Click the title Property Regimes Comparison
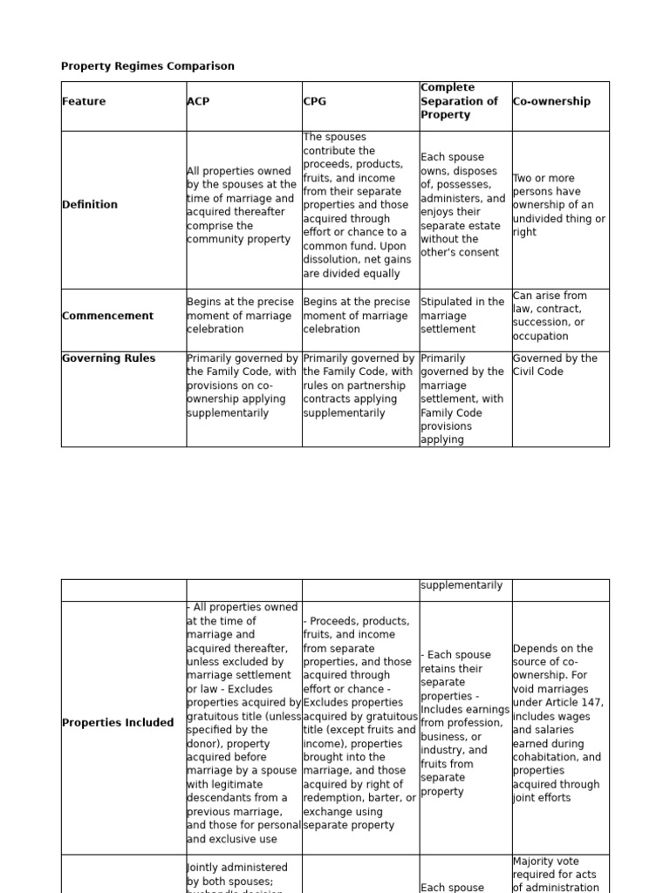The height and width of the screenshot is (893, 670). point(147,66)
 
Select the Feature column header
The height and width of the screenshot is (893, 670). point(84,101)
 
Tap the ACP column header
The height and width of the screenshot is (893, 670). point(198,101)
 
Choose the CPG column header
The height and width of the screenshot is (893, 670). point(315,101)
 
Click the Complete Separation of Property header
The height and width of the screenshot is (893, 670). point(460,101)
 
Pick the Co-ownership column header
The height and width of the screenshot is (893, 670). point(551,101)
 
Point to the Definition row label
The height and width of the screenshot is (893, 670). point(90,205)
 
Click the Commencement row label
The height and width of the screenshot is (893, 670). point(107,316)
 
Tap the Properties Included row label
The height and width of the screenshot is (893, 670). point(118,723)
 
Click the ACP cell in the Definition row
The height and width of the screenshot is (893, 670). point(242,205)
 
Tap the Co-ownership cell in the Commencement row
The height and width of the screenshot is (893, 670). point(551,316)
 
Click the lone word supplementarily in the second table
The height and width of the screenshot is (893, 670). point(461,585)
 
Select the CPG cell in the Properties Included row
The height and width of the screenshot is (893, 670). point(359,723)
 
